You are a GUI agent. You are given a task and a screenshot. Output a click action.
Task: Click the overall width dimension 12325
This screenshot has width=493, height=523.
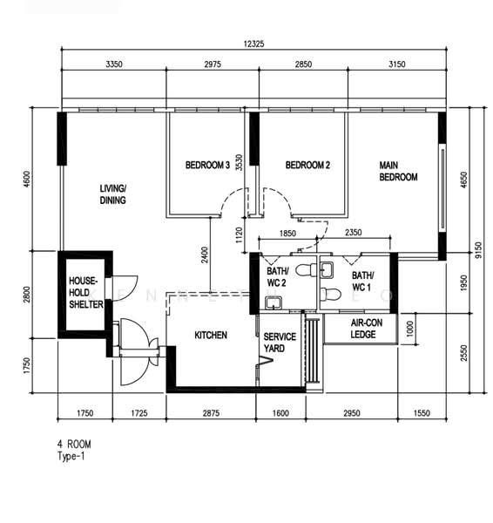click(254, 44)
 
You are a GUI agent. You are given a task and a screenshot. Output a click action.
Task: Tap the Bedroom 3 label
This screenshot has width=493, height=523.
click(207, 165)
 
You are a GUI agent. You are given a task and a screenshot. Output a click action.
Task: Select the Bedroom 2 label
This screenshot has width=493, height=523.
click(307, 165)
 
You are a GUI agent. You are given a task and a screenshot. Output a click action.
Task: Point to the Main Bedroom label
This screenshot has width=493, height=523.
click(398, 171)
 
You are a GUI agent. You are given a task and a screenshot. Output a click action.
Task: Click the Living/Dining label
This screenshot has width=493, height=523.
click(113, 194)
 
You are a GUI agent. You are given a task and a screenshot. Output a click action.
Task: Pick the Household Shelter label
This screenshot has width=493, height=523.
click(86, 293)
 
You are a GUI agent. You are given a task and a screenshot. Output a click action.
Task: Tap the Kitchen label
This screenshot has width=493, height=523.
click(211, 335)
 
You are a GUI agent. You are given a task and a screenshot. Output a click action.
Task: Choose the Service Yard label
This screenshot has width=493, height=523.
click(280, 343)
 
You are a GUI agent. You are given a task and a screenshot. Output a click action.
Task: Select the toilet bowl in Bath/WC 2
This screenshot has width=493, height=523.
click(307, 270)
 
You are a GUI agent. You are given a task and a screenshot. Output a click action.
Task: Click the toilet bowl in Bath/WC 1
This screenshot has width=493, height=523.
click(330, 295)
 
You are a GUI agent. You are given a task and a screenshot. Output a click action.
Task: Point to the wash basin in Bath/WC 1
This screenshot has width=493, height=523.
click(327, 270)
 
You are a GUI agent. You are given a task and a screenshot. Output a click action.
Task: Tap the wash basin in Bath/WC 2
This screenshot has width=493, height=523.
click(274, 303)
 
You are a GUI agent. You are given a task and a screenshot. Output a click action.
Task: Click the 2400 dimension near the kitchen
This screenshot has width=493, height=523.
click(205, 255)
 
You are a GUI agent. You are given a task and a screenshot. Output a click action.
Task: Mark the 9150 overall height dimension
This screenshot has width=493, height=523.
click(479, 250)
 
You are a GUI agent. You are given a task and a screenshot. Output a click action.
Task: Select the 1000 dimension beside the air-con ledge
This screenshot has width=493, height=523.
click(410, 329)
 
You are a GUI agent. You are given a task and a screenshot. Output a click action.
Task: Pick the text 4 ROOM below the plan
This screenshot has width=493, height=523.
click(74, 445)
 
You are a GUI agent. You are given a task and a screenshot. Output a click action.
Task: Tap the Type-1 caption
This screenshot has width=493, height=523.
click(71, 456)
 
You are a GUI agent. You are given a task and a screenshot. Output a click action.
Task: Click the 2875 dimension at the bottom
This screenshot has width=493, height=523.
click(211, 413)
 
